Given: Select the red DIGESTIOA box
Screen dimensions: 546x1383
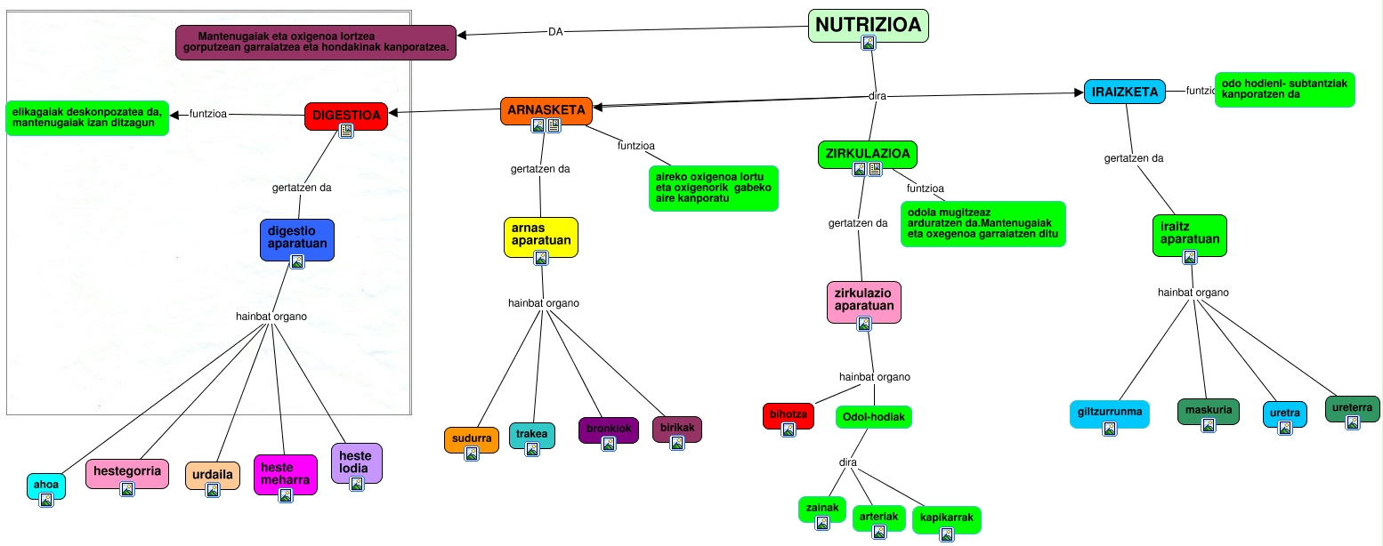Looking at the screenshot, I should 346,115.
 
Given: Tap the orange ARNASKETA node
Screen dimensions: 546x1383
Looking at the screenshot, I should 546,110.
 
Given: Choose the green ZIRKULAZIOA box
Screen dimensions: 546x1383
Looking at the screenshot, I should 867,154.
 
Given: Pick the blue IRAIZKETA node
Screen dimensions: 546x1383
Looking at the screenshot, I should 1125,92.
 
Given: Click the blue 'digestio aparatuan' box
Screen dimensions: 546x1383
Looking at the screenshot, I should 297,238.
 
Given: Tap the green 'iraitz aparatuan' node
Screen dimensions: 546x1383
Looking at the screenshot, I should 1189,235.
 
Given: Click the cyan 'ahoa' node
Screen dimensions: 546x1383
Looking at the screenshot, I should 46,485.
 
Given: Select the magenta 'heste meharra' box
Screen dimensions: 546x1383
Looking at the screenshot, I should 285,473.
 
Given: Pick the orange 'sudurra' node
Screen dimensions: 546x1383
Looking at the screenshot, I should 472,438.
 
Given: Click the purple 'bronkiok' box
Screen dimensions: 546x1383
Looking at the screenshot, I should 609,429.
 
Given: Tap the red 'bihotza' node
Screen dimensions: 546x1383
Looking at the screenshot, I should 788,414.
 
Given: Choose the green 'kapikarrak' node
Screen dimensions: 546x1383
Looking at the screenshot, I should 946,518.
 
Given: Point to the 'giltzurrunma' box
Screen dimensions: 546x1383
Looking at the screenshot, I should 1109,413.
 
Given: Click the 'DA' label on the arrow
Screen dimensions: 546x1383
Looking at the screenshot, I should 555,32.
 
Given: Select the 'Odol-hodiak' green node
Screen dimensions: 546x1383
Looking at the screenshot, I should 874,417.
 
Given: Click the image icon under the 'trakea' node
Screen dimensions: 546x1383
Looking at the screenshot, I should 532,449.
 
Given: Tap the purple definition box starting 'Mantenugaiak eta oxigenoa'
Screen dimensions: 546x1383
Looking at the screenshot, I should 316,42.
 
